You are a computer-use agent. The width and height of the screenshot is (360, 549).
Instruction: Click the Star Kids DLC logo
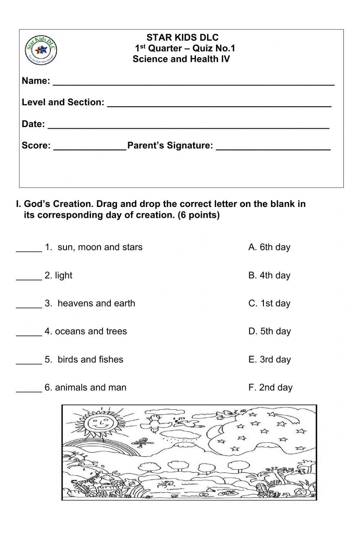41,50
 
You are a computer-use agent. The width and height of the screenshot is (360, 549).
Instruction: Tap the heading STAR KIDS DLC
182,37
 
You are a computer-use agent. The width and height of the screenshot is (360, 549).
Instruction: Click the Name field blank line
193,82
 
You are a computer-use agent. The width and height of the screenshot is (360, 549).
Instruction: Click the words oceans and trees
91,331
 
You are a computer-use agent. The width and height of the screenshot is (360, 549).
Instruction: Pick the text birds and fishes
90,359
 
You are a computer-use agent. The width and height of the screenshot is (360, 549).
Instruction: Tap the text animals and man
90,387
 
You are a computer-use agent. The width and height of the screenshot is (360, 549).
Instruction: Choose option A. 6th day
269,247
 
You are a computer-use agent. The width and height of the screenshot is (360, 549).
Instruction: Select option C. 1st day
269,303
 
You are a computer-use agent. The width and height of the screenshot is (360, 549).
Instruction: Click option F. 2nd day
270,387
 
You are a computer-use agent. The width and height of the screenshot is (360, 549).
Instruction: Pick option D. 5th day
270,331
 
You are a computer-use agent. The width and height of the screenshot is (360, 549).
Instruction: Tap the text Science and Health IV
181,59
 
